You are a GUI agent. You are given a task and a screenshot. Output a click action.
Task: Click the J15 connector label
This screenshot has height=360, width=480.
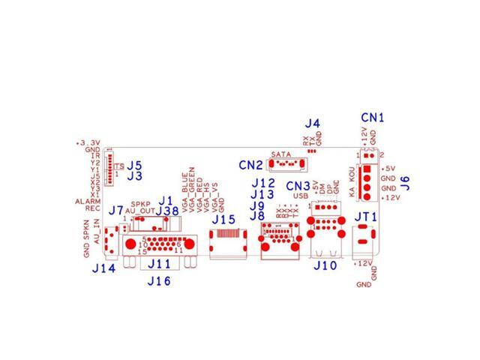(224, 219)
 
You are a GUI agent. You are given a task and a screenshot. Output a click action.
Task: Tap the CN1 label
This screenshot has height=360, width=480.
(373, 118)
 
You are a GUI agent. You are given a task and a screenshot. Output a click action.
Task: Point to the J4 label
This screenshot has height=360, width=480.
(312, 123)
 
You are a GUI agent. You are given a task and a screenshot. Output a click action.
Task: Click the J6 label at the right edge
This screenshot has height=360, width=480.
(405, 181)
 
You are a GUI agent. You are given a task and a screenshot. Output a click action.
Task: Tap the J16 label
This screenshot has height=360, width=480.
(158, 281)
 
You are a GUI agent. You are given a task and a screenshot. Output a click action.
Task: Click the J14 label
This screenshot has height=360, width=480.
(103, 268)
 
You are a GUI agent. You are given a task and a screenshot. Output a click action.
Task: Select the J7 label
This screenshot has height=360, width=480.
(116, 211)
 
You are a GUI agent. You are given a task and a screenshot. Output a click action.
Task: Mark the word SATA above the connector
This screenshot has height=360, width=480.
(281, 154)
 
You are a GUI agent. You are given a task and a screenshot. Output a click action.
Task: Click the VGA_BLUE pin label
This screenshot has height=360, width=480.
(184, 192)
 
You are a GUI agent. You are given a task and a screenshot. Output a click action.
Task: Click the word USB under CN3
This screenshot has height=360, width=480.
(300, 196)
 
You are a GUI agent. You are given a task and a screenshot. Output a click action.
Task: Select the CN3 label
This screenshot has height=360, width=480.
(298, 186)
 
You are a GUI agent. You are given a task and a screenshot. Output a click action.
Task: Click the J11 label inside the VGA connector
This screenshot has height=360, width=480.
(159, 263)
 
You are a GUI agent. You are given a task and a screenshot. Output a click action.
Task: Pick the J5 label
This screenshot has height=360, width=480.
(134, 165)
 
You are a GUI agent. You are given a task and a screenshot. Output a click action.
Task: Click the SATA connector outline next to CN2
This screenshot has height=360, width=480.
(285, 164)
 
